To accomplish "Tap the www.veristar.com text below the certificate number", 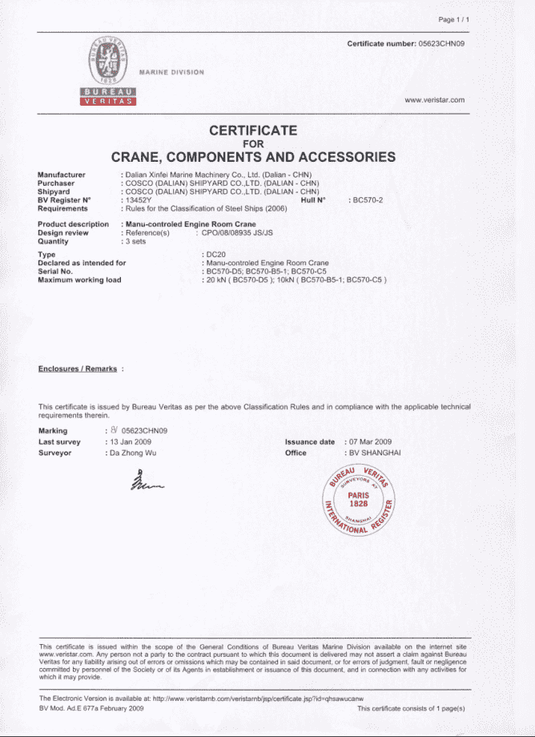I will [435, 100].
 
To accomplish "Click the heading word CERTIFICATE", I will [253, 130].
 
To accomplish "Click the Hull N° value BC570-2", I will [367, 199].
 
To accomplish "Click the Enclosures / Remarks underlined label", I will [78, 368].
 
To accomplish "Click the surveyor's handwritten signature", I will [145, 480].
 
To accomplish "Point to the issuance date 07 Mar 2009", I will [369, 442].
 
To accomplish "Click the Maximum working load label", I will [79, 280].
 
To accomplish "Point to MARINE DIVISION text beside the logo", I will [171, 72].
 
